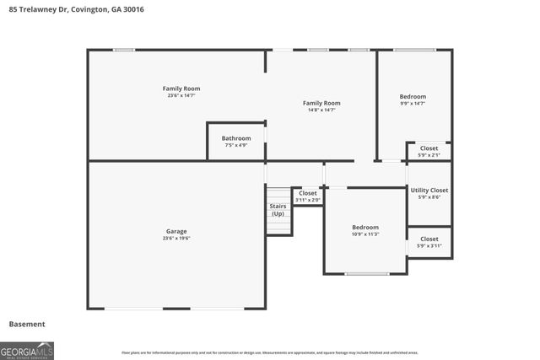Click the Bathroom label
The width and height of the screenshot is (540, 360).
(236, 138)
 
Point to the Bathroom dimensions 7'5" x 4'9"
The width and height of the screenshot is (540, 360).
(236, 145)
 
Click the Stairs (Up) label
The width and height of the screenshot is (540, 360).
(278, 210)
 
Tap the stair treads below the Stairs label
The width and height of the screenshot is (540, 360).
(278, 227)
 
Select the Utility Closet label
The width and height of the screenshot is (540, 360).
(429, 190)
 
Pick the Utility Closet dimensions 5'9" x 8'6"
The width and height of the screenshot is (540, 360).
(429, 197)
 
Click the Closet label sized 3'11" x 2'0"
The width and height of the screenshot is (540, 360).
(308, 193)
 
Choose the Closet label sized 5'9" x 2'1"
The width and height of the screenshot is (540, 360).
(429, 148)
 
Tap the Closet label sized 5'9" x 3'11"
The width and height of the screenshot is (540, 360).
(429, 239)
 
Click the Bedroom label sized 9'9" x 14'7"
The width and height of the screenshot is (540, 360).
(413, 96)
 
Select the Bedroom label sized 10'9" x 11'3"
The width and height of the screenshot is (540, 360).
(365, 227)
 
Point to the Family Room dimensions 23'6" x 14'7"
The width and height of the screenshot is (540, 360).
(181, 95)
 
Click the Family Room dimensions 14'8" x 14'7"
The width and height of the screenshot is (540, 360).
(321, 110)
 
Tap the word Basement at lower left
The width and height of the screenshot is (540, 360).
(27, 324)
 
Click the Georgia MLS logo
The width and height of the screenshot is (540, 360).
(27, 349)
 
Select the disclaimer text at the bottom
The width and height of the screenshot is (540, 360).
(269, 352)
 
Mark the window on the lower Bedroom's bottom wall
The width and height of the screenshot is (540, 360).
(367, 274)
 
